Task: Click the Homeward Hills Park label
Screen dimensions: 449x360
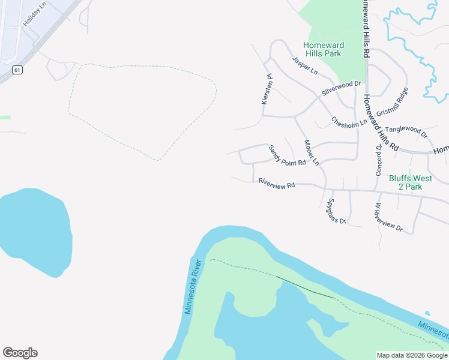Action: pyautogui.click(x=322, y=49)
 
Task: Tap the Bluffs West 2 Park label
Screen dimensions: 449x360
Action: pyautogui.click(x=414, y=182)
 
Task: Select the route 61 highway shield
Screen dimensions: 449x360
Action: pyautogui.click(x=18, y=70)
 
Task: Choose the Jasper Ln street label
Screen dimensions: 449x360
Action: pyautogui.click(x=304, y=65)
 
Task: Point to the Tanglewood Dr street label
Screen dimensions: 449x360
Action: pyautogui.click(x=405, y=131)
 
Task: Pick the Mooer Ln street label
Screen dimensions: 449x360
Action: pyautogui.click(x=312, y=152)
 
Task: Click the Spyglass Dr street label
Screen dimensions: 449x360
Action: pyautogui.click(x=337, y=211)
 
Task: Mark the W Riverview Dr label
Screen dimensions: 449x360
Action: pyautogui.click(x=389, y=218)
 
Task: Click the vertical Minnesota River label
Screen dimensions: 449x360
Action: pyautogui.click(x=191, y=286)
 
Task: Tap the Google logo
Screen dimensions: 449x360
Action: pyautogui.click(x=20, y=353)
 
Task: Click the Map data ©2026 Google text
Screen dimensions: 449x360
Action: pyautogui.click(x=412, y=355)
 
